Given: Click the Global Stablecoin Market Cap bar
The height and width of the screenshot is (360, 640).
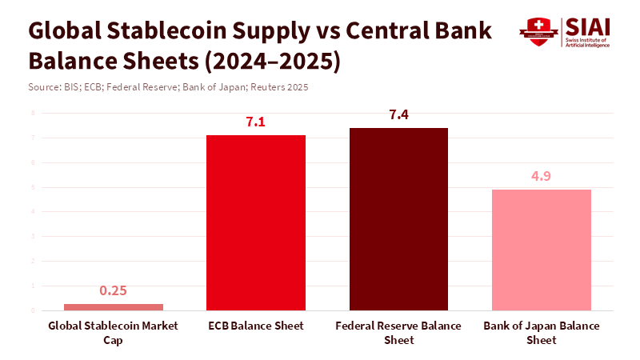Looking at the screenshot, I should click(114, 307).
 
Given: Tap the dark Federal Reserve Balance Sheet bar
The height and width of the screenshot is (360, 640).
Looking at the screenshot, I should click(398, 219).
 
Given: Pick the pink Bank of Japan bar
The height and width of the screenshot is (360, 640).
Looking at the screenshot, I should click(541, 250).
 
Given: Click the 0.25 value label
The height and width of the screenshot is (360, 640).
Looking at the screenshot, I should click(114, 290).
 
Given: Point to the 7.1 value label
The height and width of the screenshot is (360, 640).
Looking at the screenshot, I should click(256, 122).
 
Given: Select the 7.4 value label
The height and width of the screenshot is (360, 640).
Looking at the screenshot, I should click(398, 115).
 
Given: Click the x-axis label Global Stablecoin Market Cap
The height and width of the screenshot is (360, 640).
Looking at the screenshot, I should click(113, 333).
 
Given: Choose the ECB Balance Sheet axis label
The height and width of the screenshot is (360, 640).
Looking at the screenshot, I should click(256, 326).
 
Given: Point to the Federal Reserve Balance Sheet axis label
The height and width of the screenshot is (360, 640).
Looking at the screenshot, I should click(398, 333).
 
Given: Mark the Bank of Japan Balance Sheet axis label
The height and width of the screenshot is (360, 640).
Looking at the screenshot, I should click(542, 333).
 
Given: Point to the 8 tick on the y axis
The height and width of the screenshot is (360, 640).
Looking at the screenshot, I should click(33, 113).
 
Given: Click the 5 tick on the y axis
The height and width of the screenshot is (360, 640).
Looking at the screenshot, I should click(33, 187).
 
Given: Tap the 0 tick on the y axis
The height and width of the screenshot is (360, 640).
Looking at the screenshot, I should click(33, 310).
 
